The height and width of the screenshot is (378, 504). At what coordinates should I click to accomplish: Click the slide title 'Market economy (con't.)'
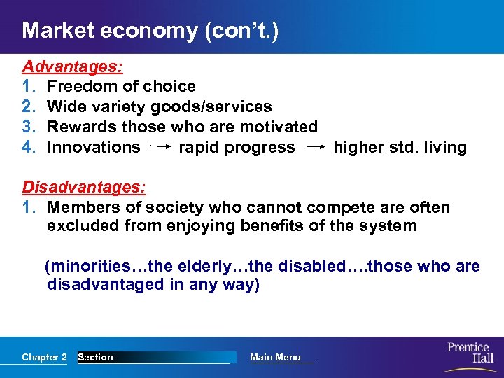tap(150, 31)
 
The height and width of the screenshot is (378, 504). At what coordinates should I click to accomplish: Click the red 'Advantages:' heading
tap(73, 66)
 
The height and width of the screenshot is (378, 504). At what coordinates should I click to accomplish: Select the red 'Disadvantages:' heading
tap(84, 188)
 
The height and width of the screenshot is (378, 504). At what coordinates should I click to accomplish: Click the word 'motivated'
tap(279, 127)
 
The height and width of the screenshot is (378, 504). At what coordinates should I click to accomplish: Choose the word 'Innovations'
tap(93, 148)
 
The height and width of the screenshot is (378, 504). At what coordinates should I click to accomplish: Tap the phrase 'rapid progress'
tap(237, 148)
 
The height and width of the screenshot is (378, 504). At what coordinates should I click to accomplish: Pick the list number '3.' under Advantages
tap(29, 127)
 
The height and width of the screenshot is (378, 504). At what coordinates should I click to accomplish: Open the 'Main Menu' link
tap(275, 358)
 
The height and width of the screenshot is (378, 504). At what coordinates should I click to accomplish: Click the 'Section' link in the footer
tap(96, 358)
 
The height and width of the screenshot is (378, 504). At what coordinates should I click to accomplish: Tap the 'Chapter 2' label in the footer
tap(44, 358)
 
